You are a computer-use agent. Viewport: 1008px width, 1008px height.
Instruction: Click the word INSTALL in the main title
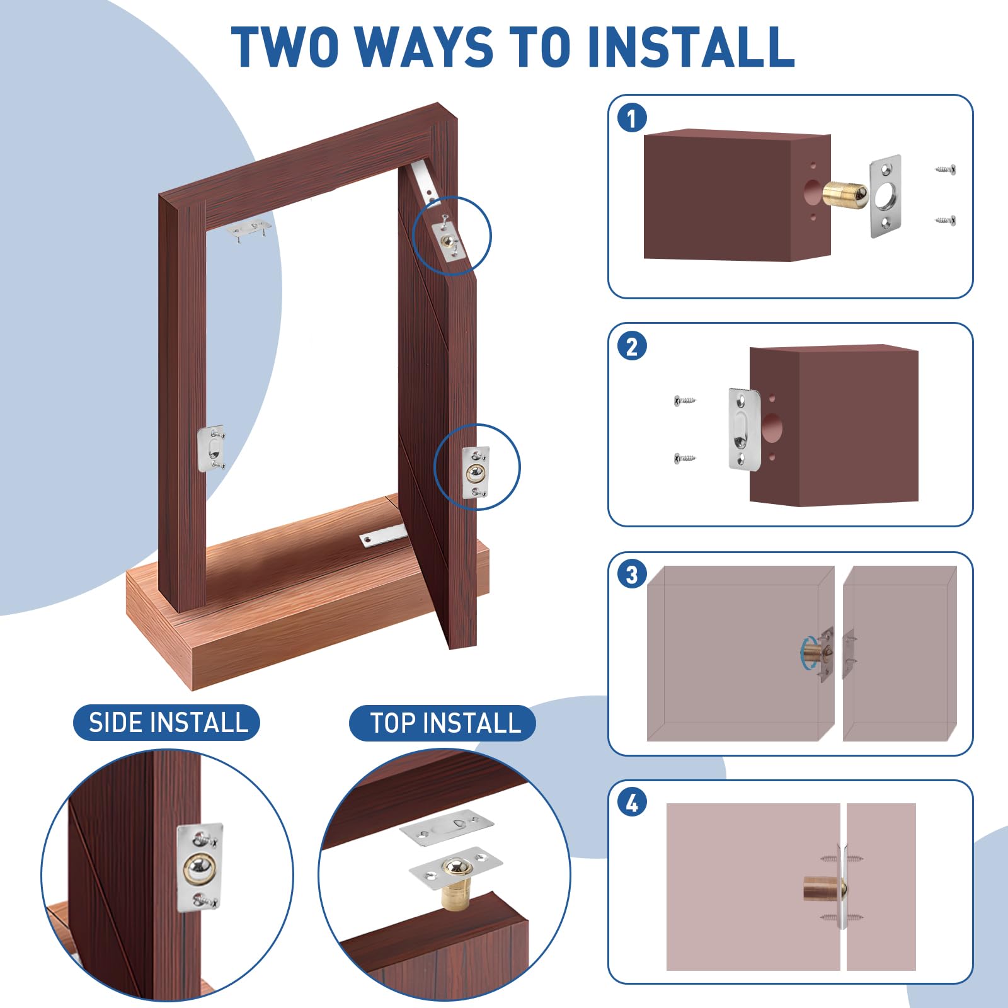[x=690, y=47]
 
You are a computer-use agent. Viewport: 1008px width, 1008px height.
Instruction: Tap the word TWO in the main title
[x=285, y=47]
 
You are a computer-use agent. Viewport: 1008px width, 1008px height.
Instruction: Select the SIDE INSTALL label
[x=167, y=722]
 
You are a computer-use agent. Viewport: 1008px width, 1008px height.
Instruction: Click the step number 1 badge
[x=632, y=118]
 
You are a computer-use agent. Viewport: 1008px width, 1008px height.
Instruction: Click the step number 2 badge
[x=632, y=346]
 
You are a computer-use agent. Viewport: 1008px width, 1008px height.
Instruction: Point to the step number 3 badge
[x=632, y=575]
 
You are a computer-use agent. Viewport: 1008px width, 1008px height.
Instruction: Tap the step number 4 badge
[x=632, y=803]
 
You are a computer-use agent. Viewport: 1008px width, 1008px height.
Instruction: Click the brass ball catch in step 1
[x=845, y=192]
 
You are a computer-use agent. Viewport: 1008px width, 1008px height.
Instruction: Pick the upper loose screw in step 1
[x=946, y=169]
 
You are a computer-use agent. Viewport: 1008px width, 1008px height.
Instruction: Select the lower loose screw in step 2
[x=685, y=457]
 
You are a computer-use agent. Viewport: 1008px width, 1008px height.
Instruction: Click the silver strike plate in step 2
[x=745, y=428]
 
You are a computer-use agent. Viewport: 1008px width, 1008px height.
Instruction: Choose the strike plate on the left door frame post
[x=211, y=448]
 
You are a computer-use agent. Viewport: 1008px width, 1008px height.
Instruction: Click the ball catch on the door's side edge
[x=476, y=472]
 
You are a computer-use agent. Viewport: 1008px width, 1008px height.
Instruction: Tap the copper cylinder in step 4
[x=821, y=889]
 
